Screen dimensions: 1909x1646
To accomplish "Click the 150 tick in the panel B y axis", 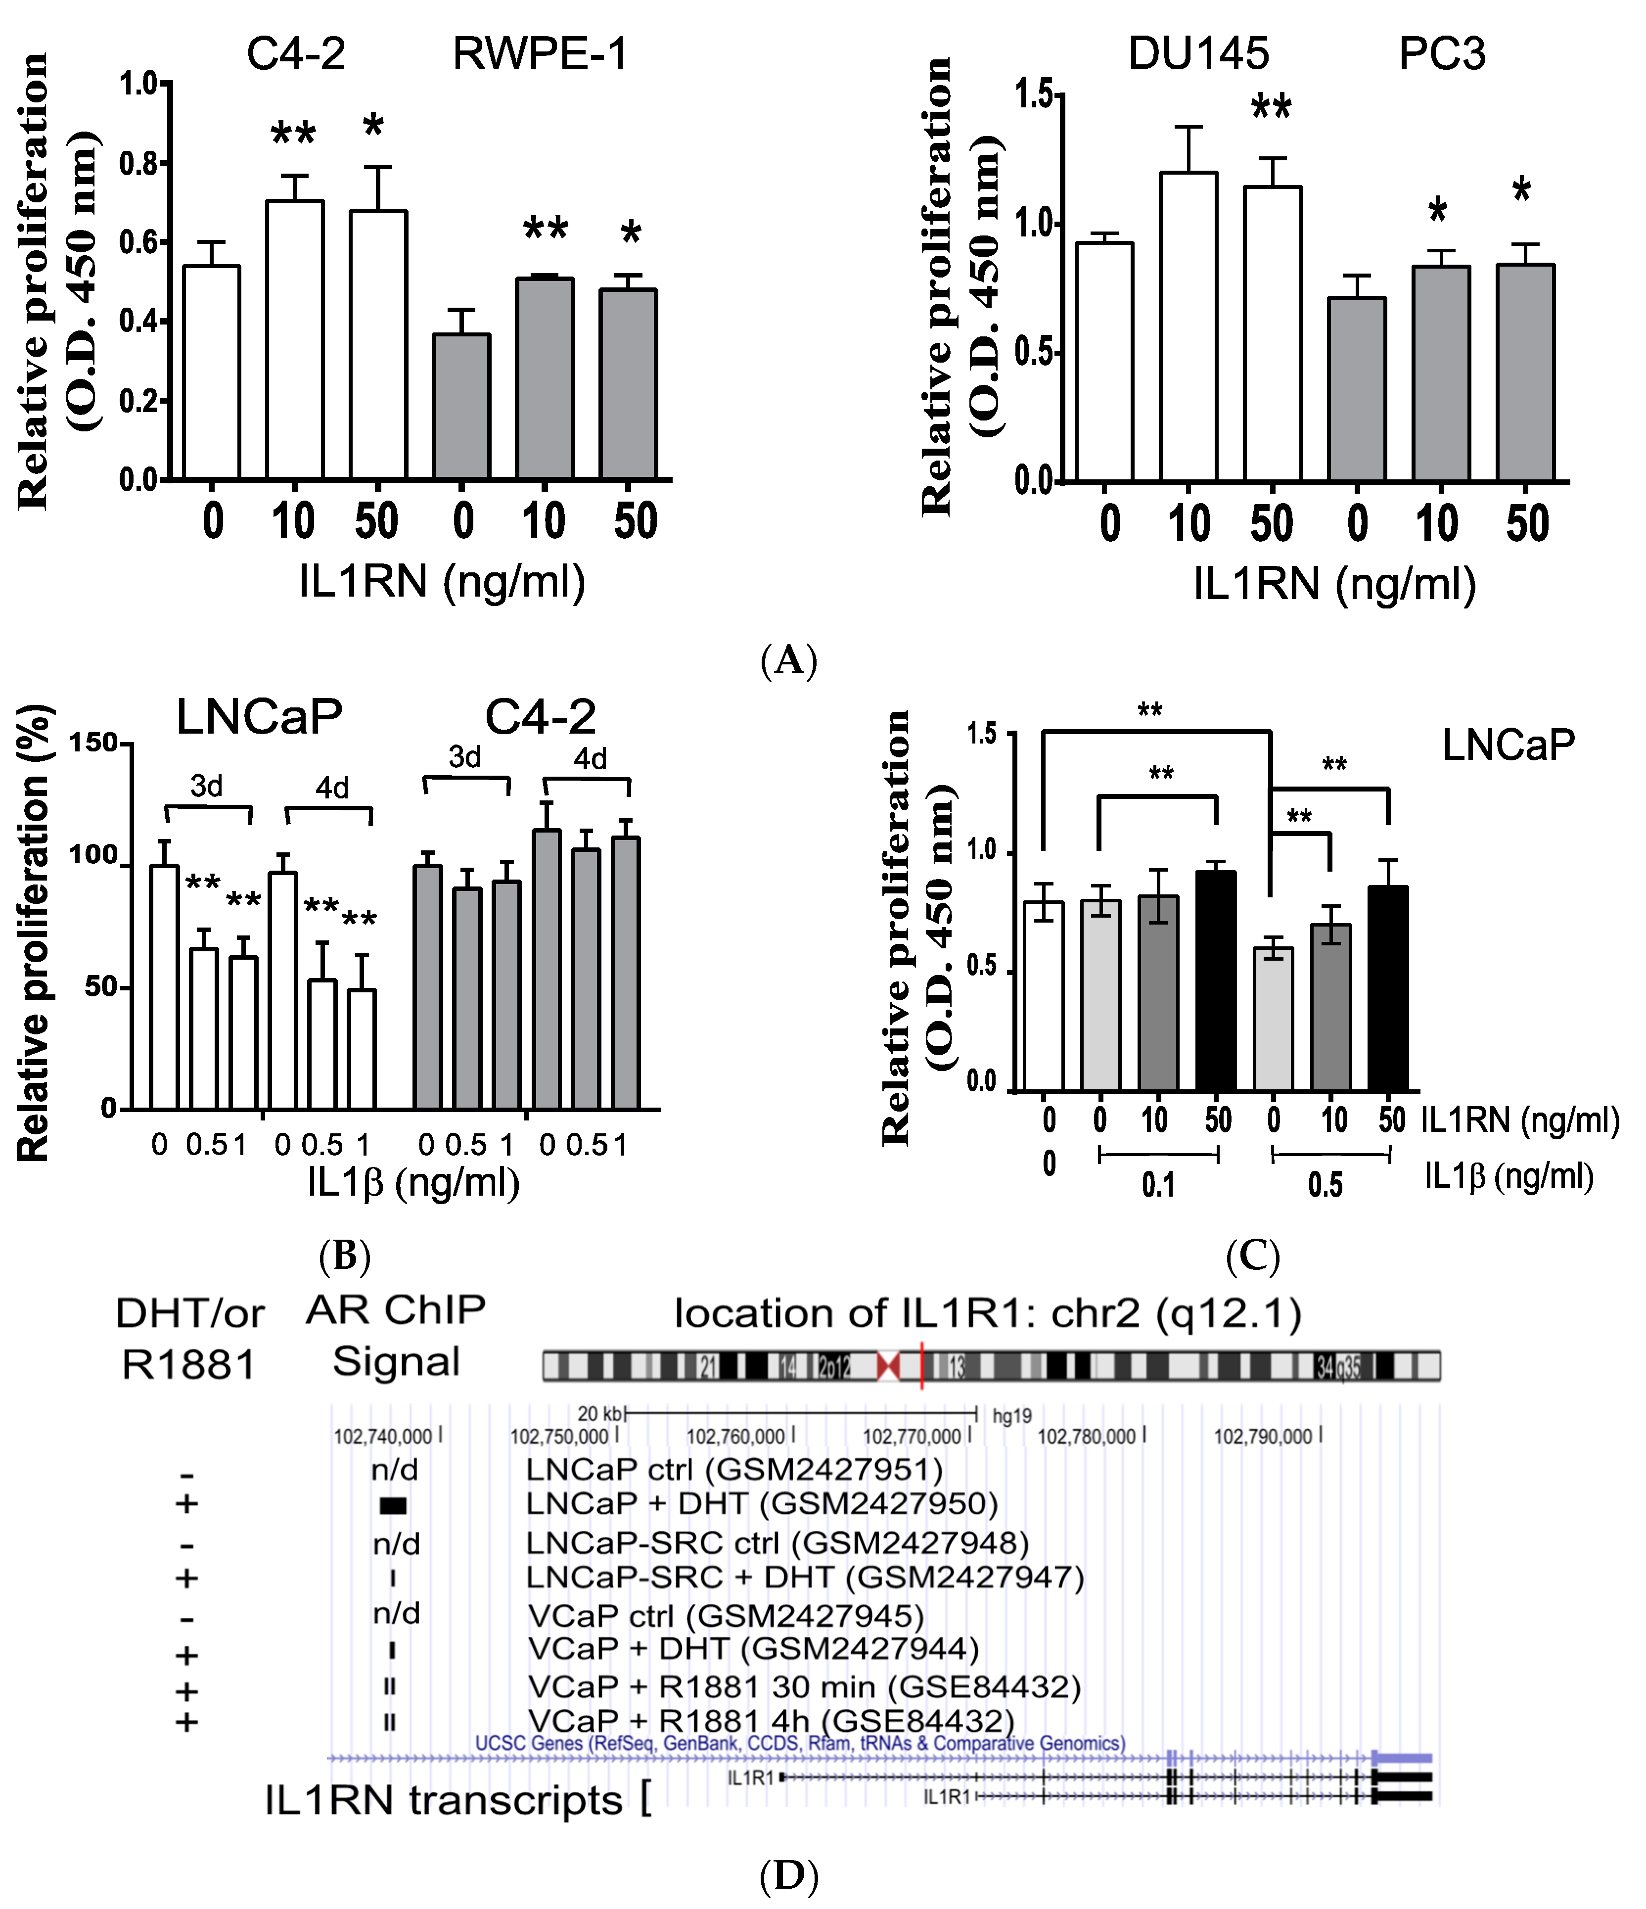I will point(94,743).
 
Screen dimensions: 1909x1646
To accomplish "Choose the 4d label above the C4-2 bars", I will point(591,759).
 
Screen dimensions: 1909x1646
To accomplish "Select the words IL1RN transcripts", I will point(443,1800).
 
